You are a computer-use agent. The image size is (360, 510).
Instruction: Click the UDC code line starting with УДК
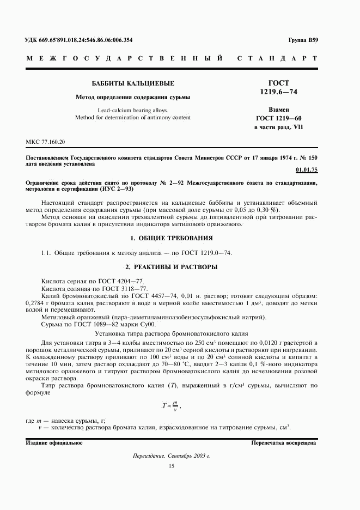pos(79,40)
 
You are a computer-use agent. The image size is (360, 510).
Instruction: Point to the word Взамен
pos(279,110)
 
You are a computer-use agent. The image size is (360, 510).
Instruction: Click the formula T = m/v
pos(170,404)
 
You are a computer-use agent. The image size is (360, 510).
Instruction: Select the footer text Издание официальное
pos(54,442)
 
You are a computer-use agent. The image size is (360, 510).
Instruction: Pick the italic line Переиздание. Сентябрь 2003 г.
pos(171,456)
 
